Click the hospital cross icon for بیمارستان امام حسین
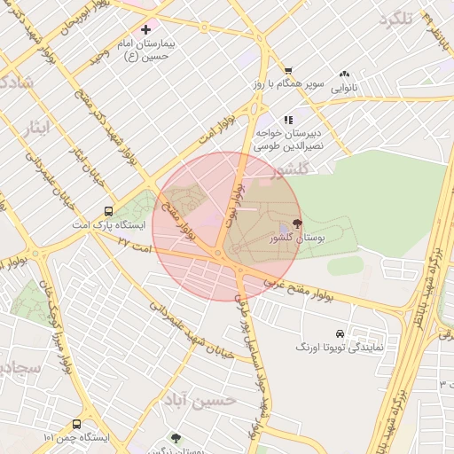(146, 30)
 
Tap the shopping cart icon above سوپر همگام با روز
(288, 71)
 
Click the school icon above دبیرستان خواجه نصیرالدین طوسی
(287, 119)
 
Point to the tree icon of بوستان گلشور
(296, 224)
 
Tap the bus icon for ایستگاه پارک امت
(108, 211)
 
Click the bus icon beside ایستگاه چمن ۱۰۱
(76, 424)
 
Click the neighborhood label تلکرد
(395, 19)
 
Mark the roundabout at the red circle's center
(217, 254)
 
